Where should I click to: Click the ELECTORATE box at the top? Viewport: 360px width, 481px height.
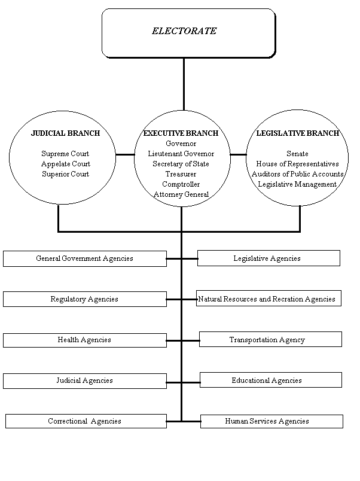[184, 32]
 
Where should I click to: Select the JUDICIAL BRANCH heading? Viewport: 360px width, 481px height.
[65, 133]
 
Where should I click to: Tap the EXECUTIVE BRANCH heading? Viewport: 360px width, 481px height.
[181, 133]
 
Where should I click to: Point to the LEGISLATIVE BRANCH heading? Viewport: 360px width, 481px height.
[297, 133]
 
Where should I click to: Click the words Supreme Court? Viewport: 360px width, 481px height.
[65, 154]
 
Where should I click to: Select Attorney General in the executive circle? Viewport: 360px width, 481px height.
[181, 194]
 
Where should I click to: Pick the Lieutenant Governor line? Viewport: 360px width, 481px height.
[181, 154]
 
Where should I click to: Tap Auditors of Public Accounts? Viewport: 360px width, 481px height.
[297, 174]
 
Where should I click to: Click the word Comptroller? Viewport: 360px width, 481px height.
[181, 184]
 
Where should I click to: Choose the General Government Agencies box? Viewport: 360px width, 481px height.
[84, 258]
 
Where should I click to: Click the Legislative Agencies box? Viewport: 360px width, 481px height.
[268, 258]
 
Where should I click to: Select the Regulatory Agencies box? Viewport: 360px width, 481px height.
[84, 299]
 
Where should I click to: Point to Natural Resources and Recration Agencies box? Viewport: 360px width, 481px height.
[268, 299]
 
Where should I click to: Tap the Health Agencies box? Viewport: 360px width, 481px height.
[84, 340]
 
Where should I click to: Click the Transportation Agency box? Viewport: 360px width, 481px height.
[270, 340]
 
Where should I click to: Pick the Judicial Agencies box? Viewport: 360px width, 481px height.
[84, 380]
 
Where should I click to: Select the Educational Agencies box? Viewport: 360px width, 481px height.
[270, 380]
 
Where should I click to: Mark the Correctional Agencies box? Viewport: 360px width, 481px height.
[85, 421]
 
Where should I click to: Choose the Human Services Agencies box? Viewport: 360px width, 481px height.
[271, 421]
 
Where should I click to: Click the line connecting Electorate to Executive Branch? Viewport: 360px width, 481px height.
[184, 86]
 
